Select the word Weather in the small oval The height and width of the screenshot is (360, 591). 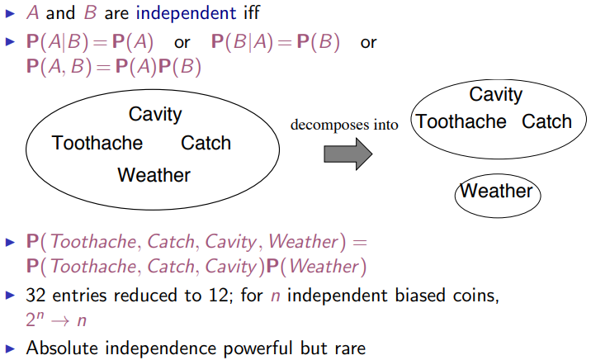pyautogui.click(x=496, y=192)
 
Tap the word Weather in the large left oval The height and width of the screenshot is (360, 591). pyautogui.click(x=154, y=175)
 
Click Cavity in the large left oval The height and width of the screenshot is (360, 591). pyautogui.click(x=155, y=114)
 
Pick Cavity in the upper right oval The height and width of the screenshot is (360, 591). pyautogui.click(x=495, y=94)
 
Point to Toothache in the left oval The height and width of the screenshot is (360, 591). pyautogui.click(x=97, y=143)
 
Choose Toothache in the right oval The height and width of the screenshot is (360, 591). pyautogui.click(x=461, y=122)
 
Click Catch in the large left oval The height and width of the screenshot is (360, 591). pyautogui.click(x=206, y=143)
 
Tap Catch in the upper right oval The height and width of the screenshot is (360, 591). pyautogui.click(x=546, y=122)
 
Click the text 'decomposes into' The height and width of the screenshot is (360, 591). pyautogui.click(x=343, y=125)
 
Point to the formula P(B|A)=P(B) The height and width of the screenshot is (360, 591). pyautogui.click(x=275, y=43)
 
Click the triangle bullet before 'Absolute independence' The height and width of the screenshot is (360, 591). pyautogui.click(x=10, y=348)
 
